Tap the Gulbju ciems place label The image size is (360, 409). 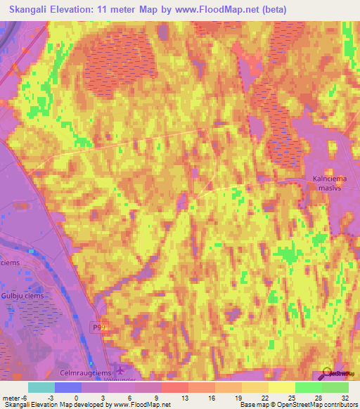[x=22, y=296]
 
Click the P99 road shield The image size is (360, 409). [x=101, y=327]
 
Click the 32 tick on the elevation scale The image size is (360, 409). [x=344, y=397]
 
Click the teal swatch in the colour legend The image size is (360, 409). [x=41, y=387]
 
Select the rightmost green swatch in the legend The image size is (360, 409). [x=335, y=387]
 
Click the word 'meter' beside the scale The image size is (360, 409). [x=12, y=397]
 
